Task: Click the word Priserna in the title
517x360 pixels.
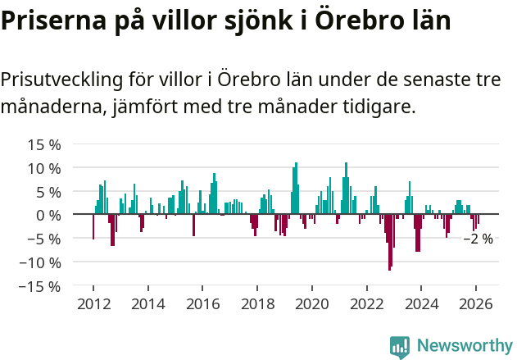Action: pyautogui.click(x=51, y=21)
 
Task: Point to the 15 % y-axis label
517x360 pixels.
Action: pyautogui.click(x=44, y=144)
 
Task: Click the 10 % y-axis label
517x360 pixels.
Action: pyautogui.click(x=44, y=168)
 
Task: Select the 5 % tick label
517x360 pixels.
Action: pyautogui.click(x=48, y=192)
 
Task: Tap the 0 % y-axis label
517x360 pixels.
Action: pyautogui.click(x=48, y=215)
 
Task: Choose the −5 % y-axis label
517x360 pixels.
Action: pyautogui.click(x=44, y=239)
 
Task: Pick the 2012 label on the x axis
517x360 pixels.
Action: pyautogui.click(x=93, y=303)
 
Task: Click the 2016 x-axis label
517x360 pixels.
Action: pyautogui.click(x=202, y=303)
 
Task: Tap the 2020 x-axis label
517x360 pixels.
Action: pyautogui.click(x=311, y=303)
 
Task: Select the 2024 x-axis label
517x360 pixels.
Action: pyautogui.click(x=421, y=303)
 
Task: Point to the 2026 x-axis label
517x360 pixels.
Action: pyautogui.click(x=475, y=303)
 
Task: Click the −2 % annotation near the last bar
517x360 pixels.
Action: pyautogui.click(x=478, y=239)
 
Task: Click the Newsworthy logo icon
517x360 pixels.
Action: pyautogui.click(x=400, y=346)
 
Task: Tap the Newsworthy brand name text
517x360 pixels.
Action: pyautogui.click(x=464, y=346)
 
